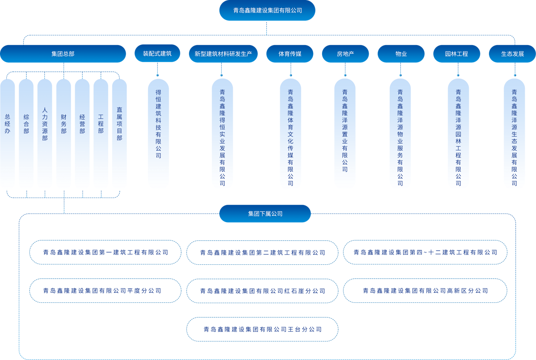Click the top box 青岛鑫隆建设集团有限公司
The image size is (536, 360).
267,11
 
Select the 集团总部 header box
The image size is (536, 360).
63,54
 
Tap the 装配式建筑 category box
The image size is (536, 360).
157,54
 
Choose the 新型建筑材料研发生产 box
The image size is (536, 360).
223,54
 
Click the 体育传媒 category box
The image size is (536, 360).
290,54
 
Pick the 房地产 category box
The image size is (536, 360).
345,54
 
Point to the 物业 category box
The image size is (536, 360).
401,54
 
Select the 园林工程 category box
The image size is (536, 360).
457,54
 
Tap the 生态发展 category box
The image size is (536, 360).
513,54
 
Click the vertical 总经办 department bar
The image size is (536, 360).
7,133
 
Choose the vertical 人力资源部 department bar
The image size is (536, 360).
45,133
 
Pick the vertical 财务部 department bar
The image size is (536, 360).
64,133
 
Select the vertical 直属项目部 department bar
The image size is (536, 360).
119,133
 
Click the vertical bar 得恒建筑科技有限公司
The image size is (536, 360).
158,133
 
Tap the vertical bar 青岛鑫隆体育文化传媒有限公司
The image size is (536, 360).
290,133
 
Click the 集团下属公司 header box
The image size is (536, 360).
265,214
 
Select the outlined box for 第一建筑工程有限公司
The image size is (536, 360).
105,252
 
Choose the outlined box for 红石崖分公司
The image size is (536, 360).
262,291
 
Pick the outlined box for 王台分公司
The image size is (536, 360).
262,329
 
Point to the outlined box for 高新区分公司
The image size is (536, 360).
425,291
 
